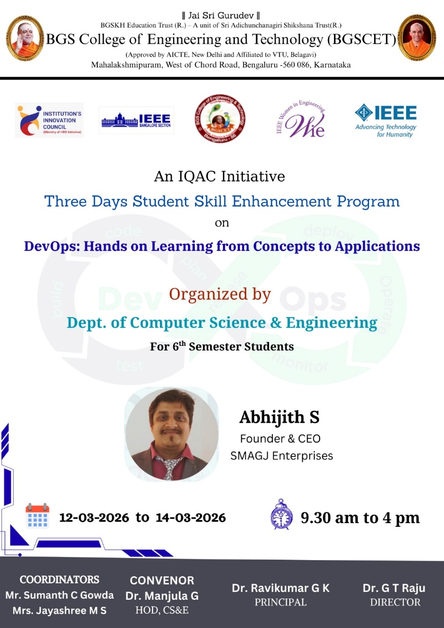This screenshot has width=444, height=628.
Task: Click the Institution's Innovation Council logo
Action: click(49, 120)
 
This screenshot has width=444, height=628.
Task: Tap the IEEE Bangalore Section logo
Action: click(136, 120)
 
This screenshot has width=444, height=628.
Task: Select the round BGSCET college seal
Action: click(220, 118)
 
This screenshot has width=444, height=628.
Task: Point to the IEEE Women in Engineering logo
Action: click(301, 119)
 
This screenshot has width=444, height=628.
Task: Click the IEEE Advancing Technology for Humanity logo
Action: click(386, 121)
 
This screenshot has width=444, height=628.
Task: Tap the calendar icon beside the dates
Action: click(38, 516)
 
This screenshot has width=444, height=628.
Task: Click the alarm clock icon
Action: click(282, 514)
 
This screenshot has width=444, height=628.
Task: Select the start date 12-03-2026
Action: click(94, 518)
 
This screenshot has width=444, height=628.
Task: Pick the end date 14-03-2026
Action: click(191, 518)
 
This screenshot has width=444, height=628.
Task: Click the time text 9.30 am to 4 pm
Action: click(360, 518)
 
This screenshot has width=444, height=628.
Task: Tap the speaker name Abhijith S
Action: click(280, 417)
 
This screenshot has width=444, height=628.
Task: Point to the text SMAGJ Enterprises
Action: click(282, 455)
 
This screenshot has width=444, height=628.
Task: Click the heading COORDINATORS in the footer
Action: click(60, 580)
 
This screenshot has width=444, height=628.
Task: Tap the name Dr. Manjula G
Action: click(162, 596)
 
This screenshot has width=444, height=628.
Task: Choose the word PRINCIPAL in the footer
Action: click(281, 602)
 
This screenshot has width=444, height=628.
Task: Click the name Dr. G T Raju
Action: click(394, 588)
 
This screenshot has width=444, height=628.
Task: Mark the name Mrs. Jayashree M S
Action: click(60, 611)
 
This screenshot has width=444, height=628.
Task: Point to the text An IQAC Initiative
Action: click(219, 176)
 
